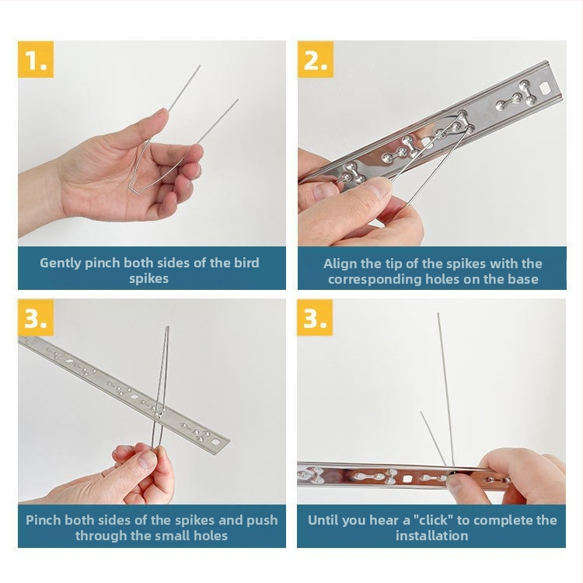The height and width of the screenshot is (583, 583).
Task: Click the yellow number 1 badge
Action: click(36, 60)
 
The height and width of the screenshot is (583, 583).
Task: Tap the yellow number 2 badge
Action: click(316, 60)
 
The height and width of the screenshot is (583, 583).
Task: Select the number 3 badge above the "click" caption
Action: click(315, 317)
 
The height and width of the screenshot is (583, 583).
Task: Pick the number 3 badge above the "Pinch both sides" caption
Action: click(36, 317)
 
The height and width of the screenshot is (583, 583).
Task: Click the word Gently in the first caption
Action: click(60, 264)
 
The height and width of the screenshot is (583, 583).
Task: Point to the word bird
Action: click(246, 263)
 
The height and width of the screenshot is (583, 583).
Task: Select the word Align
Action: click(340, 264)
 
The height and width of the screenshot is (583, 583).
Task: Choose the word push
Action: click(262, 521)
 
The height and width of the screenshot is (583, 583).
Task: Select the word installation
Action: click(431, 536)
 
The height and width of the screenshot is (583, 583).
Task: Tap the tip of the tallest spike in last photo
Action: click(438, 314)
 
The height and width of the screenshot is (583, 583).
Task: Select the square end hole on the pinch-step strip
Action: click(215, 442)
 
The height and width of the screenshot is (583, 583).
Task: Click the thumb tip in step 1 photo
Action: click(162, 115)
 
